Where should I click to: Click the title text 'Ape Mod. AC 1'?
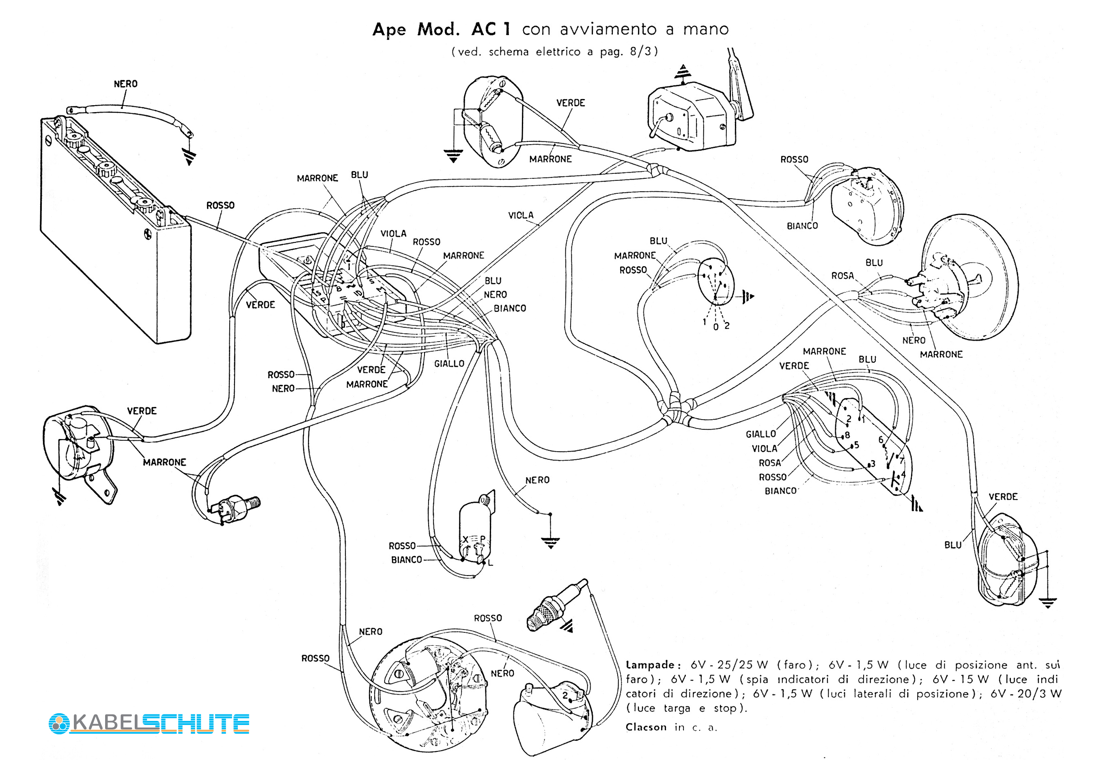441,29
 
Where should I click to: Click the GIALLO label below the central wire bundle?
449,364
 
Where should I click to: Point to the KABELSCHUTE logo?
149,723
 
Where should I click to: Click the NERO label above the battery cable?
126,84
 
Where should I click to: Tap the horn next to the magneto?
552,718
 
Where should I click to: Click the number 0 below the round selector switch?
715,327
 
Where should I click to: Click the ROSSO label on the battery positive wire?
220,206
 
